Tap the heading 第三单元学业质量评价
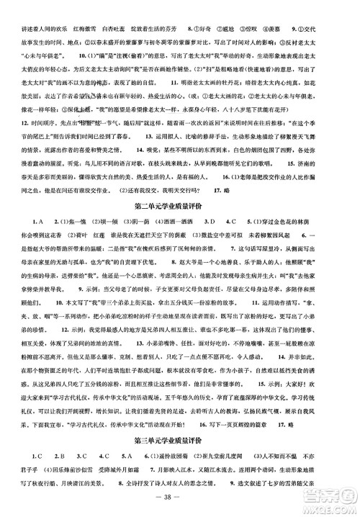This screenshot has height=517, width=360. [180, 438]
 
